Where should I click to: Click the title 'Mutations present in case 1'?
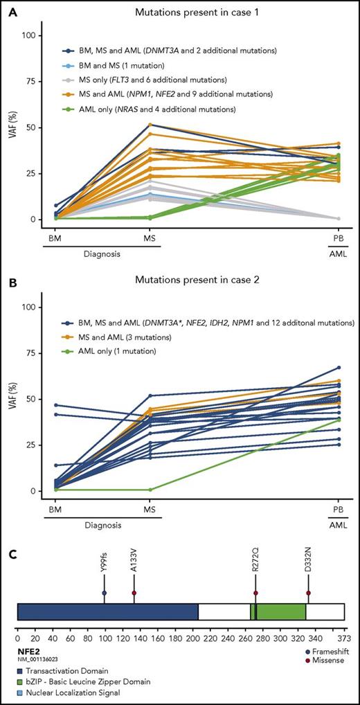click(x=197, y=12)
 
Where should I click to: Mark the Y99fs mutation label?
click(x=104, y=571)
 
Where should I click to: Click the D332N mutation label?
click(x=308, y=571)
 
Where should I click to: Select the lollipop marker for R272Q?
click(x=256, y=594)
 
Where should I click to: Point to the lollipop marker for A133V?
click(x=134, y=594)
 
